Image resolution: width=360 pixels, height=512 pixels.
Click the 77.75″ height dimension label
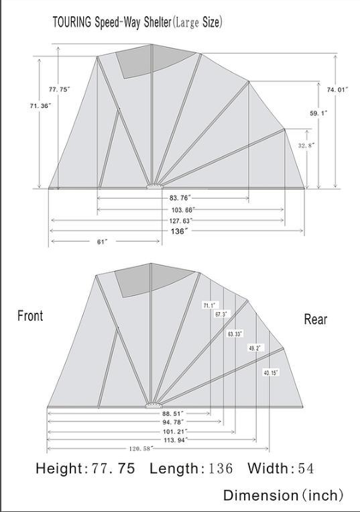60,89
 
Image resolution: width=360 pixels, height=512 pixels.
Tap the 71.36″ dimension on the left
40,105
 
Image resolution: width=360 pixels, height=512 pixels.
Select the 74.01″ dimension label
337,89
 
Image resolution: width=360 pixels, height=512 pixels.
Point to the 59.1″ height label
318,113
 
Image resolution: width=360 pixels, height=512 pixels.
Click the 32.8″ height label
306,146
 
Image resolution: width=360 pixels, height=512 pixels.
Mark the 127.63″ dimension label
180,221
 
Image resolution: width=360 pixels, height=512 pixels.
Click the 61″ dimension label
102,242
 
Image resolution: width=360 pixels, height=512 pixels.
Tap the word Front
30,316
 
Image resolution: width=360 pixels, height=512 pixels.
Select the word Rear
315,319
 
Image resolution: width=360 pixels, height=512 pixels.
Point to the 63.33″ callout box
235,334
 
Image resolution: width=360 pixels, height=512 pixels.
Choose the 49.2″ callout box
255,348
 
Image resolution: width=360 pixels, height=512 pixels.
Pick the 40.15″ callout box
272,372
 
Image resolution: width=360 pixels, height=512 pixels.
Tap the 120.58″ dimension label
141,449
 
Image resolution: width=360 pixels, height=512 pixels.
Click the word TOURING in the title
72,23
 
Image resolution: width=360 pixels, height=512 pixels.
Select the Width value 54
306,468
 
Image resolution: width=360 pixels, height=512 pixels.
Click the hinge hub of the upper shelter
154,187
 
